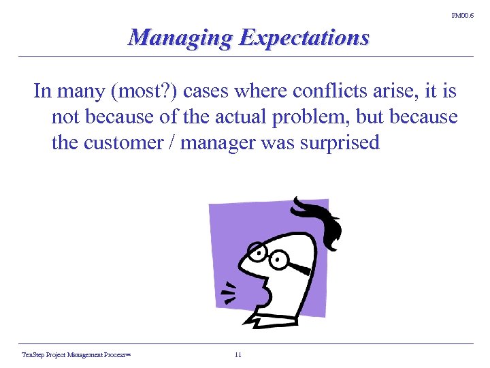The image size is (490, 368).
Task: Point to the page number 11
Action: (x=238, y=354)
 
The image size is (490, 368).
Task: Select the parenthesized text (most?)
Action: (x=134, y=91)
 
